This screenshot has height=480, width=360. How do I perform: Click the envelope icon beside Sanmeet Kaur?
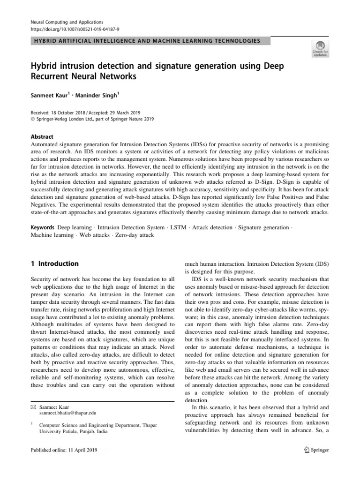[32, 407]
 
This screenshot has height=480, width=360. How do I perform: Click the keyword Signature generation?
[263, 227]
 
